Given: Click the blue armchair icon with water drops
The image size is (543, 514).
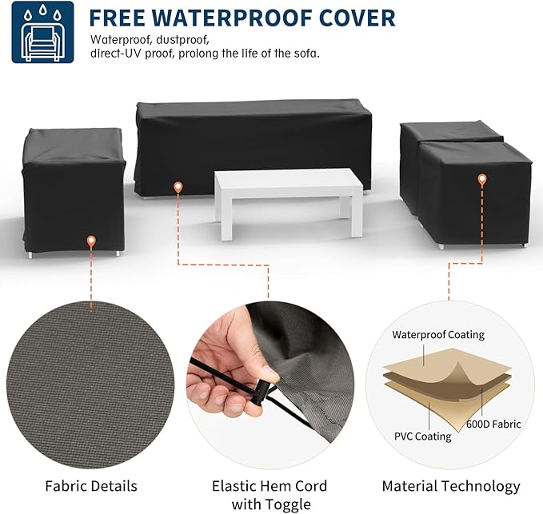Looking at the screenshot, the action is coord(42,32).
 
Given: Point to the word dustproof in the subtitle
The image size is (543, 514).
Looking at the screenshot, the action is coord(182,40).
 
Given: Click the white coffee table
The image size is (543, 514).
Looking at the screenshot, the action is coord(289,203).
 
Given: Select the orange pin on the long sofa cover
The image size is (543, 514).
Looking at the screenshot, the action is coord(178,188).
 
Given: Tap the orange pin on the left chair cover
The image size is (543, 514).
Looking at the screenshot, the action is coord(91,241).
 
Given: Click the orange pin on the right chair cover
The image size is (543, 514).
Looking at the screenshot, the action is coord(481,180).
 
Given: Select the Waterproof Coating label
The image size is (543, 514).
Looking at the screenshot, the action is coord(438,335).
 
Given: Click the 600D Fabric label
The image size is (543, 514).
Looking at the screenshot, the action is coord(493,424).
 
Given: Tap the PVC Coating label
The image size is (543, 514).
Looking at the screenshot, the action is coord(423,436).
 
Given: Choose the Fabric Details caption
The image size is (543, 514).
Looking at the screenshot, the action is coord(91,486).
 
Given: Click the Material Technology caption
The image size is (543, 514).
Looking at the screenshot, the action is coord(451,487).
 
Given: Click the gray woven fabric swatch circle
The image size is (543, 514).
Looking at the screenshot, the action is coord(90,385).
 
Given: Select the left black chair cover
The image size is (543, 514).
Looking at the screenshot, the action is coord(74,190).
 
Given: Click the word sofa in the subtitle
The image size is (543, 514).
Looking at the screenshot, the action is coord(305,54).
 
